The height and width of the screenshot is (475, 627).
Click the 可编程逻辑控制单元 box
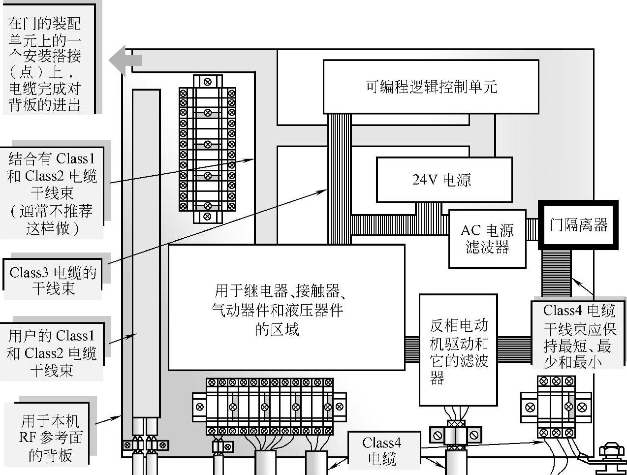431,87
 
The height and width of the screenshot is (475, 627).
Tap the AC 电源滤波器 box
487,239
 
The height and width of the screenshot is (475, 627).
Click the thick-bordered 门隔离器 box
578,225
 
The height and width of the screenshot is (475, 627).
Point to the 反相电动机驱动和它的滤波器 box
458,350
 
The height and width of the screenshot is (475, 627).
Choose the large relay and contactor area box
286,307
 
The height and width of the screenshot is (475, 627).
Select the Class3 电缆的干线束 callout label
53,280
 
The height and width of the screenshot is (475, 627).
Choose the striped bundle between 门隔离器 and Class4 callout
556,273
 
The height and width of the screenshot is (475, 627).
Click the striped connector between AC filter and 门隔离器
532,229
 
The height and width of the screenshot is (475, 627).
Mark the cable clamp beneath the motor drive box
455,435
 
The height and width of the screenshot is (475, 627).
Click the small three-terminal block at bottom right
556,407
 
